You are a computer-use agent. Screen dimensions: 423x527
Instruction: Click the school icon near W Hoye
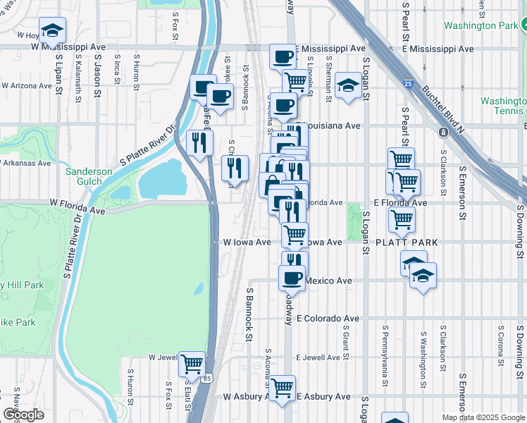(x=52, y=30)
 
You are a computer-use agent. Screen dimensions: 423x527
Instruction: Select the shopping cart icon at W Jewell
(x=192, y=364)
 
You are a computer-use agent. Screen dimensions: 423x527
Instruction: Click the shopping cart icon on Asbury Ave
(x=282, y=387)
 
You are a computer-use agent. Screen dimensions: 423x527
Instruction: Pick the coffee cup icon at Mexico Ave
(x=291, y=277)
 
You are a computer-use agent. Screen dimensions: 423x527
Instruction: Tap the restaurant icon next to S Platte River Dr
(x=200, y=142)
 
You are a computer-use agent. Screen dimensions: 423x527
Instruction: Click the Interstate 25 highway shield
(x=409, y=84)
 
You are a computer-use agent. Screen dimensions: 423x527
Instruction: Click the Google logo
(x=23, y=415)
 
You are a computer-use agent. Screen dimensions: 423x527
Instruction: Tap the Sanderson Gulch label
(x=89, y=176)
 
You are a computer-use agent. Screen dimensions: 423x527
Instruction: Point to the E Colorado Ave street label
(x=328, y=319)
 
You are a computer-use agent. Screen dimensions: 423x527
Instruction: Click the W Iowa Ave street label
(x=247, y=242)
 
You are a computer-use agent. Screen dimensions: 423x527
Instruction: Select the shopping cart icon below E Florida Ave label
(x=402, y=219)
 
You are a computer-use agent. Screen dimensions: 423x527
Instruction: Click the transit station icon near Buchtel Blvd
(x=444, y=133)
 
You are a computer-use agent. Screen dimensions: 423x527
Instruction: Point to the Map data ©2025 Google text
(x=483, y=417)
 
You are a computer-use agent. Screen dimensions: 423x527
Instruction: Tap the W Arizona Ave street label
(x=26, y=85)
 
